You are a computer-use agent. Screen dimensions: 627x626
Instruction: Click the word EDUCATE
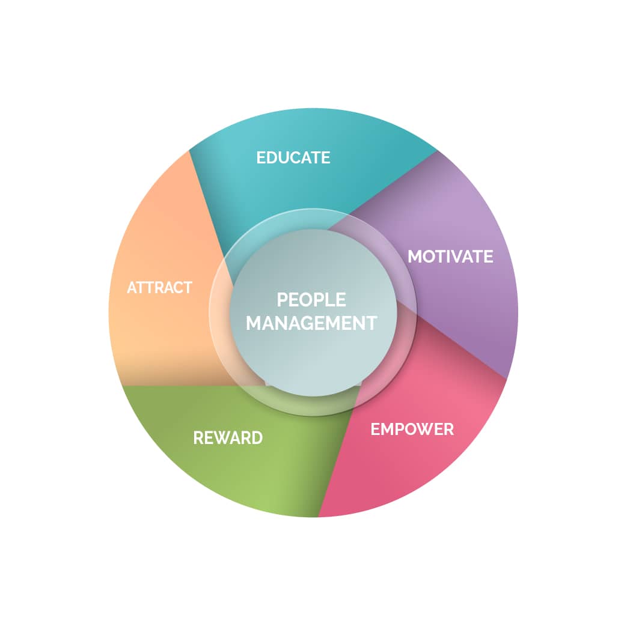293,157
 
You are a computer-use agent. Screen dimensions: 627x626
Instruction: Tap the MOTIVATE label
450,257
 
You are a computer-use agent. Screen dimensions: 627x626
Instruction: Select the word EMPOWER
412,430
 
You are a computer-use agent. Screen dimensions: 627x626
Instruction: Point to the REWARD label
228,438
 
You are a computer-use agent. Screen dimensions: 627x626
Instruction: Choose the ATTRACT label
159,288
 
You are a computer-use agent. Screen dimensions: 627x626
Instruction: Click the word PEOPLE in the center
311,300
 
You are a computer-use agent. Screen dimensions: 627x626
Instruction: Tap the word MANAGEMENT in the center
311,323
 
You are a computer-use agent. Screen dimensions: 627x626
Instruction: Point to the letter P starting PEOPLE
282,300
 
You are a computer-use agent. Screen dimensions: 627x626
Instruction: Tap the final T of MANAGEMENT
371,323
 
